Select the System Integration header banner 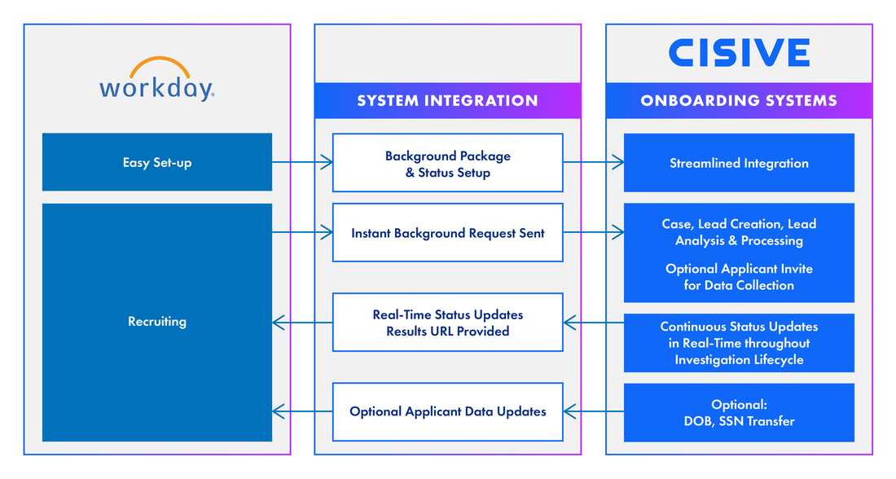click(447, 100)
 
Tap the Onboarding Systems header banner click(739, 100)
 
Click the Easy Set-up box click(157, 162)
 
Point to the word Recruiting click(157, 322)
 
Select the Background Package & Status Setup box click(447, 163)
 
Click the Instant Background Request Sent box click(447, 233)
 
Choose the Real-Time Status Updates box click(447, 323)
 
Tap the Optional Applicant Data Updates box click(447, 411)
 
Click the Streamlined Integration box click(739, 163)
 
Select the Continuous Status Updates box click(739, 343)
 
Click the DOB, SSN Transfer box click(739, 413)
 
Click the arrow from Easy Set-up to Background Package click(302, 163)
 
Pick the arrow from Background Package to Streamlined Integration click(593, 163)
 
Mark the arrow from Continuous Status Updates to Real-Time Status click(593, 323)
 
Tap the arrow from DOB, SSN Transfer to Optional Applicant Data click(593, 411)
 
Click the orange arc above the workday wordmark click(157, 65)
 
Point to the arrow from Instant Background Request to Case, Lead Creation click(593, 233)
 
